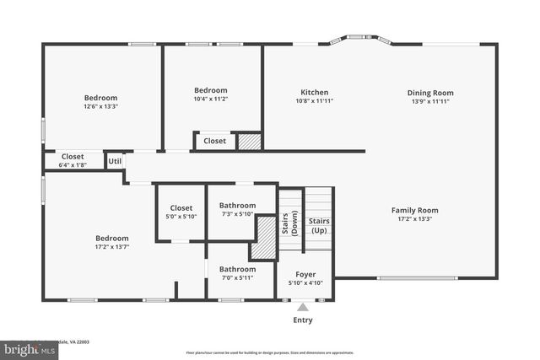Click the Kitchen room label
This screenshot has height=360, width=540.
314,92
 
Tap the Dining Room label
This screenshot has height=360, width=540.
430,93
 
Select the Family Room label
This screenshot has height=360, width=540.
414,210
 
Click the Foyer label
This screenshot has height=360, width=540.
305,276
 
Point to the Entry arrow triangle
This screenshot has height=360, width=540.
303,308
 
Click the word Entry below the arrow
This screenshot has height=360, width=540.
302,320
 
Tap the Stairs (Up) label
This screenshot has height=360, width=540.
319,226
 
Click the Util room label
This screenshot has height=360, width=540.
115,160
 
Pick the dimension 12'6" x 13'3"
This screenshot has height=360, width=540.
100,106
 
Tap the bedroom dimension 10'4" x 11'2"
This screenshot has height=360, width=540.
211,99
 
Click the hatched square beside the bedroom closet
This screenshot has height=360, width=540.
249,141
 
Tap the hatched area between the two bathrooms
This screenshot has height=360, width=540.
263,238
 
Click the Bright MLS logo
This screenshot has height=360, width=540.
25,348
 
